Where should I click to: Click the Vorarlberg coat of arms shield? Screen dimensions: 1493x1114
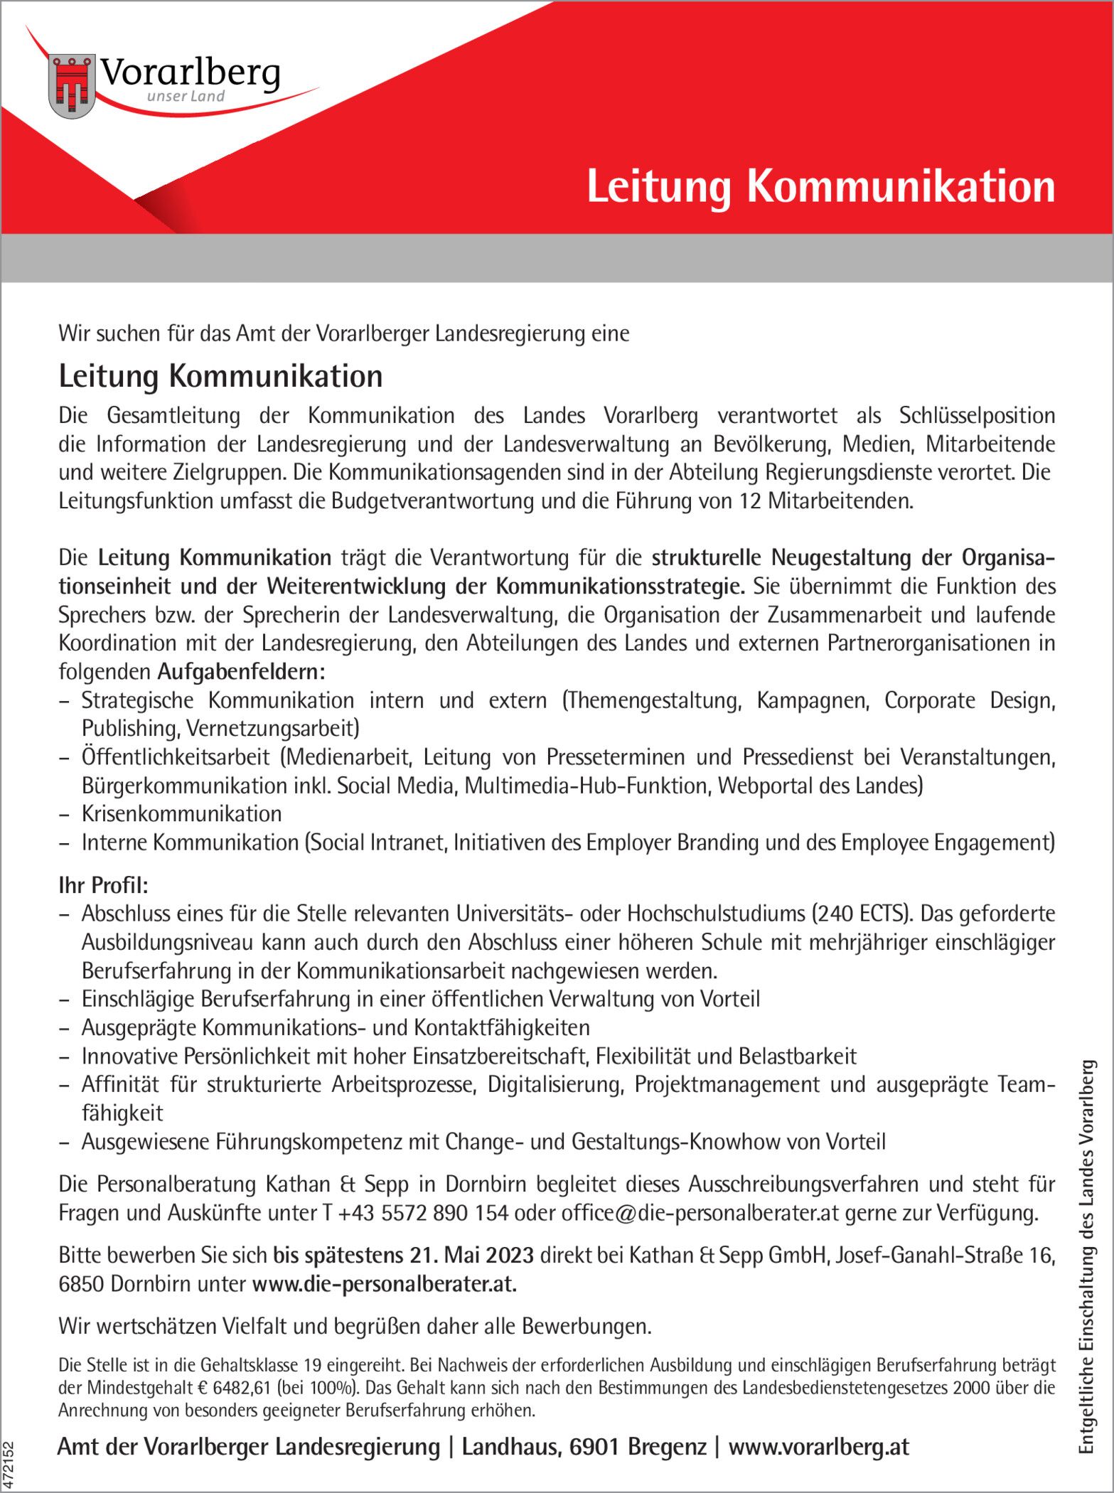tap(72, 86)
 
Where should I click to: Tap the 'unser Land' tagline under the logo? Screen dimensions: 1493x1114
tap(186, 97)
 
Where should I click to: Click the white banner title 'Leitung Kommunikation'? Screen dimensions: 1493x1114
tap(820, 187)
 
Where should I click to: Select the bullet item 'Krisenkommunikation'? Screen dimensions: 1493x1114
tap(181, 813)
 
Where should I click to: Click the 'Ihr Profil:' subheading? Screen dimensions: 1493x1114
tap(104, 885)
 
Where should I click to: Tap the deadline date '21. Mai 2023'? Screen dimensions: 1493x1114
tap(471, 1256)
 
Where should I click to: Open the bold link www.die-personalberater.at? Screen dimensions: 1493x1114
tap(384, 1284)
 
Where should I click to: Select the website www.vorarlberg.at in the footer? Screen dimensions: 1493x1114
tap(818, 1447)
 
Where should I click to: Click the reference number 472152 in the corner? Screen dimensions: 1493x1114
tap(9, 1465)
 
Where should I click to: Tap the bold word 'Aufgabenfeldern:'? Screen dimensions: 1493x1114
tap(242, 672)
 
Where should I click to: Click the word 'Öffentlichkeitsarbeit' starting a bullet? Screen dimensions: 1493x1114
tap(176, 757)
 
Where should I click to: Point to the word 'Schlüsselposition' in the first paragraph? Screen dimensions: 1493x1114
tap(977, 416)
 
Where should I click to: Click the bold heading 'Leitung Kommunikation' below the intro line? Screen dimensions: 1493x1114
tap(220, 376)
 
